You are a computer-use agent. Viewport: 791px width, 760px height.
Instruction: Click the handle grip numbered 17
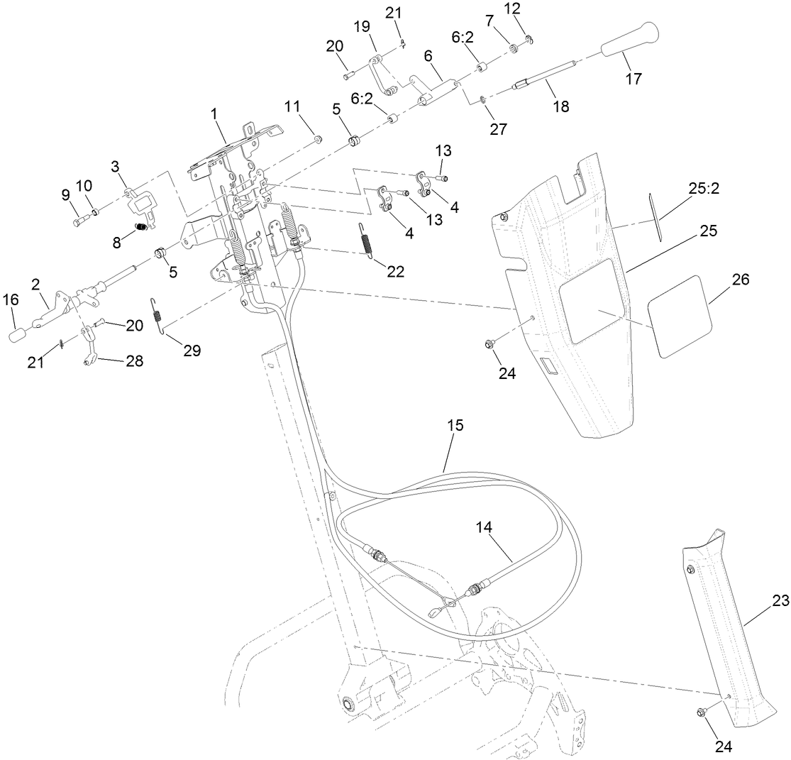point(629,42)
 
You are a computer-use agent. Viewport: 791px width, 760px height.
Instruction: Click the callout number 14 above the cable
point(483,527)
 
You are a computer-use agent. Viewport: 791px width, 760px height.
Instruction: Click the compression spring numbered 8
point(142,227)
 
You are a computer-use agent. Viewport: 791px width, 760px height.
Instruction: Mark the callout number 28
point(133,361)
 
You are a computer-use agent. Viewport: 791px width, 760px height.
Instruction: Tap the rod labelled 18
point(546,80)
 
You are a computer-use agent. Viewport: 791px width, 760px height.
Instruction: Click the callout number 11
point(292,106)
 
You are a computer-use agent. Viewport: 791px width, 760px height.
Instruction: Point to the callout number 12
point(531,9)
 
